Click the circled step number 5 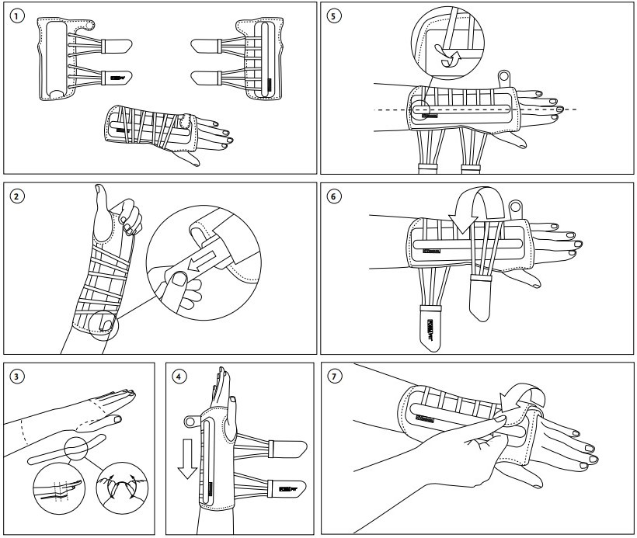click(x=334, y=16)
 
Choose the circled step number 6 click(x=334, y=196)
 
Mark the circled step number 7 click(x=334, y=378)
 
